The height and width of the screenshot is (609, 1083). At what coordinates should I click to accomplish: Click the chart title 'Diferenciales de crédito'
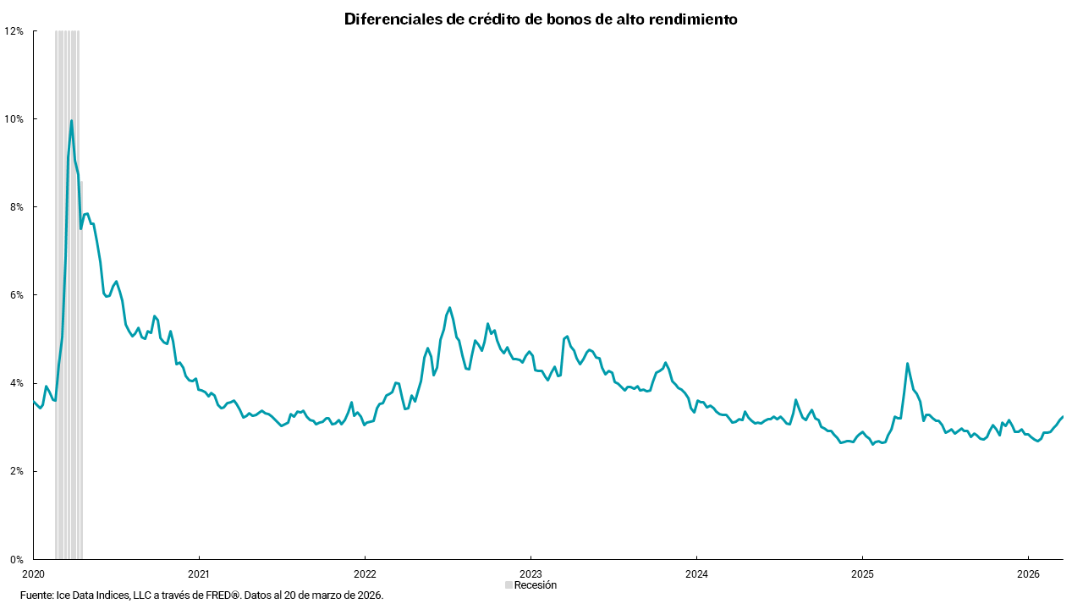click(x=541, y=19)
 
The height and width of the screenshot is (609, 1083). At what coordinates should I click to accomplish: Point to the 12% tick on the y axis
click(x=14, y=30)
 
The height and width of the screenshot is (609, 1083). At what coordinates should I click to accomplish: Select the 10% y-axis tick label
click(x=14, y=118)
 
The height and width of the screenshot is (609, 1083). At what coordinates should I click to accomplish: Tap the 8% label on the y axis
click(x=17, y=206)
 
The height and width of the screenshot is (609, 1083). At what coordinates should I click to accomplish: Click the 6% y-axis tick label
click(x=17, y=294)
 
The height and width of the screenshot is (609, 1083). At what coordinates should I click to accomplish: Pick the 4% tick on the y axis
click(x=17, y=382)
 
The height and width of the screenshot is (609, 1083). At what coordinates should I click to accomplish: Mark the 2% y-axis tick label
click(x=17, y=471)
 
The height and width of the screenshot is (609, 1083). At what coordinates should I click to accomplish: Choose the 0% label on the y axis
click(x=17, y=559)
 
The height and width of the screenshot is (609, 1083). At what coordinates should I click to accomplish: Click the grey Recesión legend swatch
click(x=509, y=585)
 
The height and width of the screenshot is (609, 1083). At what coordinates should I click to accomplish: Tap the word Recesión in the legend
click(x=536, y=585)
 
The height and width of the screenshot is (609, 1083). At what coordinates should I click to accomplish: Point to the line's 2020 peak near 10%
click(x=71, y=121)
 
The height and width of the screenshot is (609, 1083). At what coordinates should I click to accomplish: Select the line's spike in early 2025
click(x=907, y=364)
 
